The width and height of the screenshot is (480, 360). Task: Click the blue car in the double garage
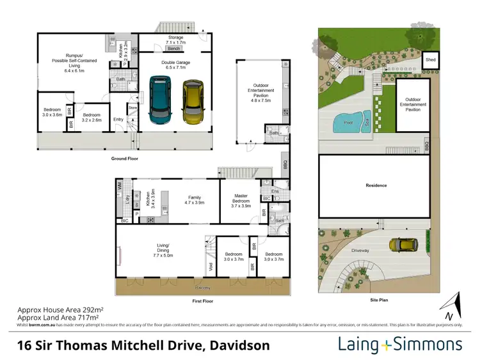point(160,100)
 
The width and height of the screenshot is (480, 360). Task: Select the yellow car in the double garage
point(191,101)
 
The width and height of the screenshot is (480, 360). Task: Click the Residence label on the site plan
point(376,185)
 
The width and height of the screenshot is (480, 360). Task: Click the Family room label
point(194,200)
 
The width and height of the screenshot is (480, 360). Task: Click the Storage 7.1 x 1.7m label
point(175,41)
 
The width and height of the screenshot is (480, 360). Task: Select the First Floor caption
point(203,301)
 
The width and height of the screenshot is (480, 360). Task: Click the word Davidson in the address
point(238,345)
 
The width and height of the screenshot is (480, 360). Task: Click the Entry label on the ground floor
point(118,120)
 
